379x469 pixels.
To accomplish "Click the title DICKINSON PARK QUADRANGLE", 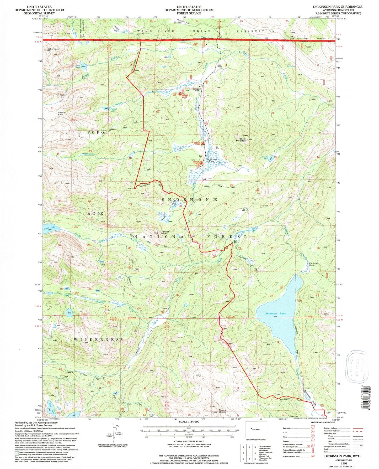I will pos(338,7).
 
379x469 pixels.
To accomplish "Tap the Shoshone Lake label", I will pos(275,313).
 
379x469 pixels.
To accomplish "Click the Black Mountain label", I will pos(241,140).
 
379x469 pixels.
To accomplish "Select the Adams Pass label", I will pos(62,114).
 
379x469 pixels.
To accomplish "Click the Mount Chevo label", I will pos(222,411).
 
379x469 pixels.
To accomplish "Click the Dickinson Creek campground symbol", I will pos(202,143).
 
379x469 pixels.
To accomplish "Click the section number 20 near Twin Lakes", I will pos(180,206).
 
